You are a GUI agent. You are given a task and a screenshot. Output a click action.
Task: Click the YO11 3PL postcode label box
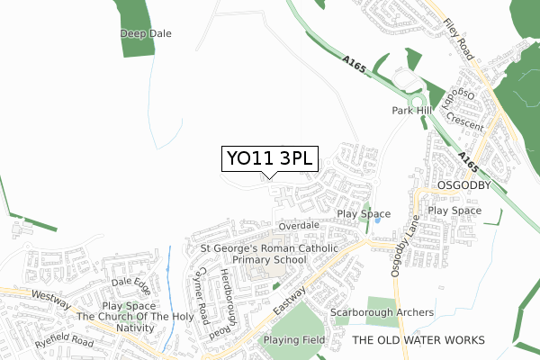pyautogui.click(x=268, y=158)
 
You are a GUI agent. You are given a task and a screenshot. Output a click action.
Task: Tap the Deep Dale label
pyautogui.click(x=146, y=34)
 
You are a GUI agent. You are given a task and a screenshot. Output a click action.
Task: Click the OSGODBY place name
pyautogui.click(x=461, y=184)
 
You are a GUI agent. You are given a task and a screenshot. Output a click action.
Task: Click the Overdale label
pyautogui.click(x=299, y=225)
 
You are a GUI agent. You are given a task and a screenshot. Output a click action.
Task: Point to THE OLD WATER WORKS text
pyautogui.click(x=418, y=339)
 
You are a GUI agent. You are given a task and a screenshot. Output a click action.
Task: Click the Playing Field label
pyautogui.click(x=293, y=340)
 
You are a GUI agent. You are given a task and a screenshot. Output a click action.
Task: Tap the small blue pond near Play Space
pyautogui.click(x=378, y=220)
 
